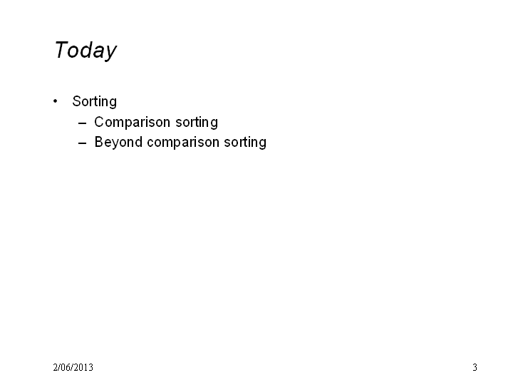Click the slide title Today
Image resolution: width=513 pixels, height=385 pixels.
coord(85,51)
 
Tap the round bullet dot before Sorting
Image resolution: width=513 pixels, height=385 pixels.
coord(56,101)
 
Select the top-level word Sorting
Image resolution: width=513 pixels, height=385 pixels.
coord(95,102)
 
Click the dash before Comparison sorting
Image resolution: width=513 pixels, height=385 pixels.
coord(83,123)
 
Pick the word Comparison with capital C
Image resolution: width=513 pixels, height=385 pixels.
coord(133,123)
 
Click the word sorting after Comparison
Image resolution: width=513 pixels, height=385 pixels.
coord(197,123)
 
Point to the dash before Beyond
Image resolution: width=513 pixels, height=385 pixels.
coord(83,143)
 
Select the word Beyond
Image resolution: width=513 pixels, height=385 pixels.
coord(118,143)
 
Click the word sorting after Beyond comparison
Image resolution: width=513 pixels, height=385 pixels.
coord(245,143)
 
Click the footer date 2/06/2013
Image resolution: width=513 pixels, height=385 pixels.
coord(73,367)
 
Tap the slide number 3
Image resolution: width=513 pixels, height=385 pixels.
coord(475,367)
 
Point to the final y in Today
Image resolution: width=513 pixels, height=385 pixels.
coord(111,53)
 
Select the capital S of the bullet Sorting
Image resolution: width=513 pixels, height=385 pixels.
coord(76,101)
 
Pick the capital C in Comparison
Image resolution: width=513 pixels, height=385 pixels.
coord(99,122)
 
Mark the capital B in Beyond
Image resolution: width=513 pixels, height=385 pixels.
coord(99,142)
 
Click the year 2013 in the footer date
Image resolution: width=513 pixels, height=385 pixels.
coord(84,367)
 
